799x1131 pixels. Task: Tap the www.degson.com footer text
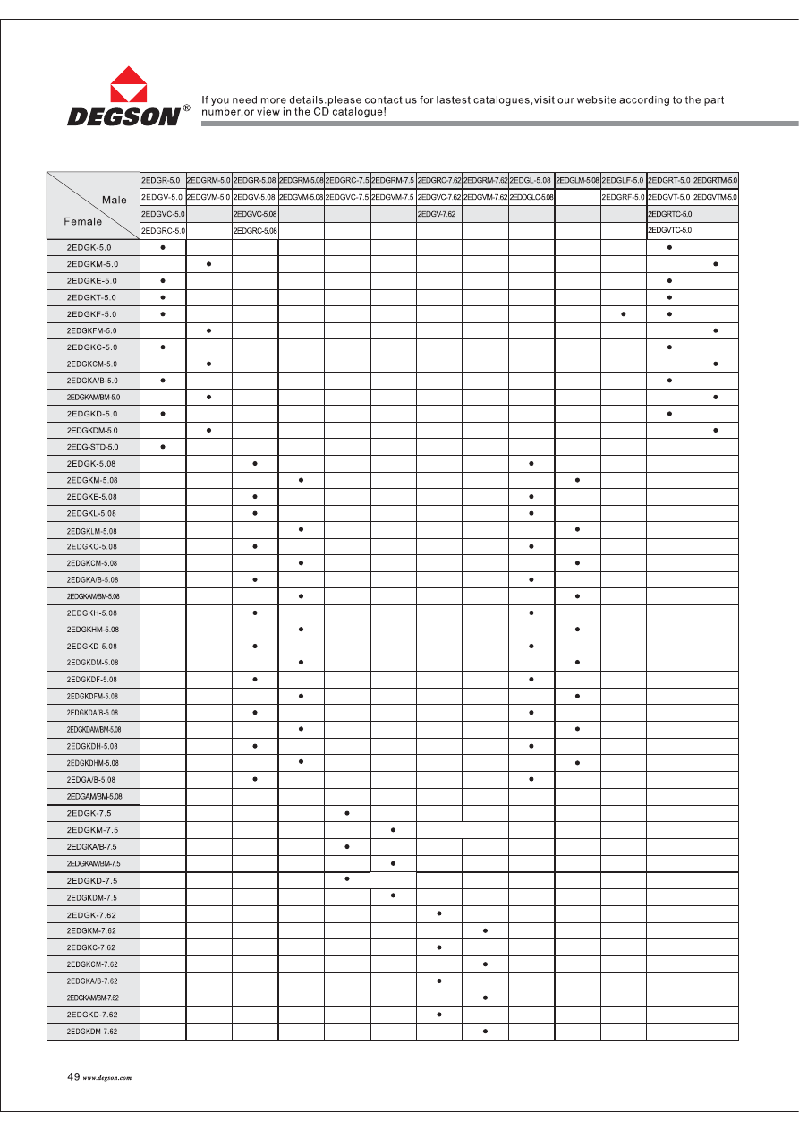click(x=107, y=1079)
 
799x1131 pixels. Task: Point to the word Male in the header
click(x=114, y=200)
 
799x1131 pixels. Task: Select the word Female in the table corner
click(x=82, y=221)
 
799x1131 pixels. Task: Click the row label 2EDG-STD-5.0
click(x=92, y=446)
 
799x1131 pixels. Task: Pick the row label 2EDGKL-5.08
click(x=91, y=513)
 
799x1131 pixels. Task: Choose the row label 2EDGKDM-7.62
click(x=92, y=1032)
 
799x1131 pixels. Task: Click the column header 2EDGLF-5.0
click(x=623, y=181)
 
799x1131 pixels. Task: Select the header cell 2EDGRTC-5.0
click(x=669, y=215)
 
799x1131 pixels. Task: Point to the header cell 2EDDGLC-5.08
click(x=531, y=197)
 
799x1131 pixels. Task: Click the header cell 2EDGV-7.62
click(x=437, y=215)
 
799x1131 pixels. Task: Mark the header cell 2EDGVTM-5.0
click(x=716, y=197)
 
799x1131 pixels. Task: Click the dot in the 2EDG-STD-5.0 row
click(x=163, y=446)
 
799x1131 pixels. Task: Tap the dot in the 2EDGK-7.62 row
click(x=439, y=913)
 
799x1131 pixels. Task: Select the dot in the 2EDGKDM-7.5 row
click(x=393, y=895)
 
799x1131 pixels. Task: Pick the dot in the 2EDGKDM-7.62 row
click(x=485, y=1032)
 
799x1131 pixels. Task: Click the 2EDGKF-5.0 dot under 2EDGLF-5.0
click(x=624, y=313)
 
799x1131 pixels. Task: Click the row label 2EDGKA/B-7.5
click(x=91, y=846)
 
